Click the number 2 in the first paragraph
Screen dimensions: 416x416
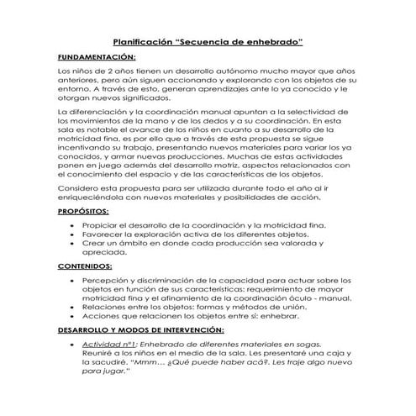point(118,74)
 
